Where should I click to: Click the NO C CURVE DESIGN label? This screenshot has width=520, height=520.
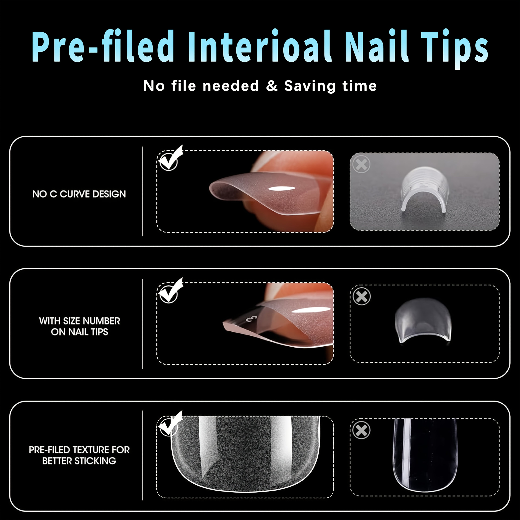pyautogui.click(x=79, y=194)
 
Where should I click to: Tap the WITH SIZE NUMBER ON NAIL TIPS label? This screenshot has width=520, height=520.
pyautogui.click(x=79, y=326)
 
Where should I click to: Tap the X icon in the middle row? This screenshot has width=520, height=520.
pyautogui.click(x=361, y=296)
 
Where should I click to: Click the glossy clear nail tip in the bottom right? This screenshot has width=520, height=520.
pyautogui.click(x=425, y=452)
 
